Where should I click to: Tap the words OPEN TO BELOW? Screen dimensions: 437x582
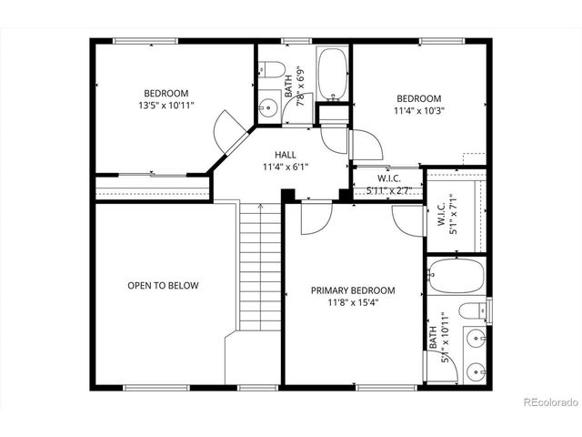(163, 286)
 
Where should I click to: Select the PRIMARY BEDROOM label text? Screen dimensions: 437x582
(354, 291)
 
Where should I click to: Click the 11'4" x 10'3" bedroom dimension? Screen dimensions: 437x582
(419, 112)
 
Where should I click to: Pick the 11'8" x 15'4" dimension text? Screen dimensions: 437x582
(354, 303)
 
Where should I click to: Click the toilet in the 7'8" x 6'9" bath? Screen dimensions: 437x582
(268, 70)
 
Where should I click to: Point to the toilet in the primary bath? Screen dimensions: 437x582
(473, 311)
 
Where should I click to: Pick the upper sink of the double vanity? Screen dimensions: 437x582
(476, 340)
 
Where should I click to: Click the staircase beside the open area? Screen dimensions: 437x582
(259, 269)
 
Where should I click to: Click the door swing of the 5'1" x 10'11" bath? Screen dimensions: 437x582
(408, 220)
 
